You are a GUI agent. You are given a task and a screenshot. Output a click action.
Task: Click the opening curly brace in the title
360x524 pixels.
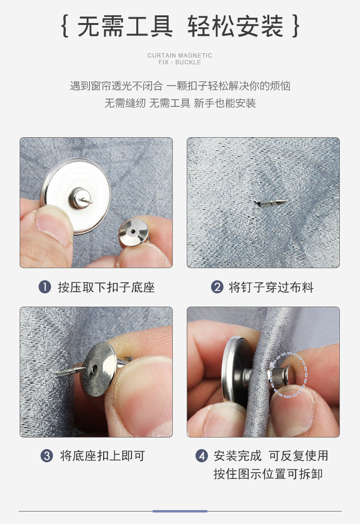tap(65, 26)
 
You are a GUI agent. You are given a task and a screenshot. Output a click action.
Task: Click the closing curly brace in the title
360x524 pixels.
tap(296, 26)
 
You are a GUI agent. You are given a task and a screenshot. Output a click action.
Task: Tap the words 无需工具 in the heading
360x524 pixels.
tap(125, 26)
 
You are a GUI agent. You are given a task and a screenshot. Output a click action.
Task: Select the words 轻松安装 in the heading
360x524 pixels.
tap(235, 26)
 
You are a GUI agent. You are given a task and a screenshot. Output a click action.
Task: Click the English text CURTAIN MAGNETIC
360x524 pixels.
tap(180, 56)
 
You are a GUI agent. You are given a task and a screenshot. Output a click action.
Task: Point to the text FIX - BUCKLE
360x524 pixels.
tap(180, 62)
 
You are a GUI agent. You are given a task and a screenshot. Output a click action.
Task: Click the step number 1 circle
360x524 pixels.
tap(45, 287)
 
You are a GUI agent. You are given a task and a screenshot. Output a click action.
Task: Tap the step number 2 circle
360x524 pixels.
tap(217, 287)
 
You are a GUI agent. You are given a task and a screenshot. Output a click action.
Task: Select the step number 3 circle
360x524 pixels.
tap(47, 455)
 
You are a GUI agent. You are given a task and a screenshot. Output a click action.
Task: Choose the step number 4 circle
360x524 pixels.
tap(202, 455)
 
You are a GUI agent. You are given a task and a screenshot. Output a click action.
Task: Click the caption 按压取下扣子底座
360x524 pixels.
tap(106, 287)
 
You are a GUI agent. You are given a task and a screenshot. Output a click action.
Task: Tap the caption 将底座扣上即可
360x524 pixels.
tap(102, 455)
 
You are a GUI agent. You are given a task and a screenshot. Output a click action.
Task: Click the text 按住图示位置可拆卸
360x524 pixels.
tap(268, 474)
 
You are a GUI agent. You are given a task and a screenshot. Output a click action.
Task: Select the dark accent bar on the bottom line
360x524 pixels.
tap(180, 511)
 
